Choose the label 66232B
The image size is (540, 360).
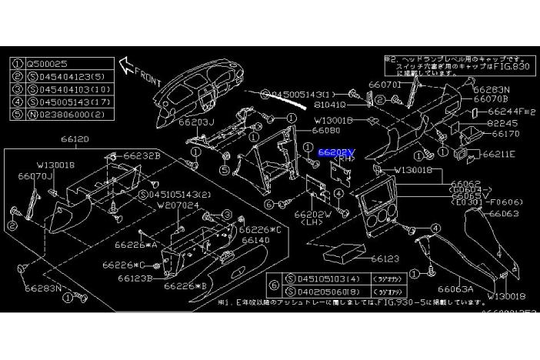[x=143, y=155]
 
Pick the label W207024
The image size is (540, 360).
[x=178, y=205]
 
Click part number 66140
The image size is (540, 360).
[x=257, y=240]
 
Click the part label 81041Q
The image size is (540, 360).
[x=329, y=104]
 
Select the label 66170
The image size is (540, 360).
[x=505, y=134]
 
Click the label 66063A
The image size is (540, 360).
[x=456, y=289]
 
